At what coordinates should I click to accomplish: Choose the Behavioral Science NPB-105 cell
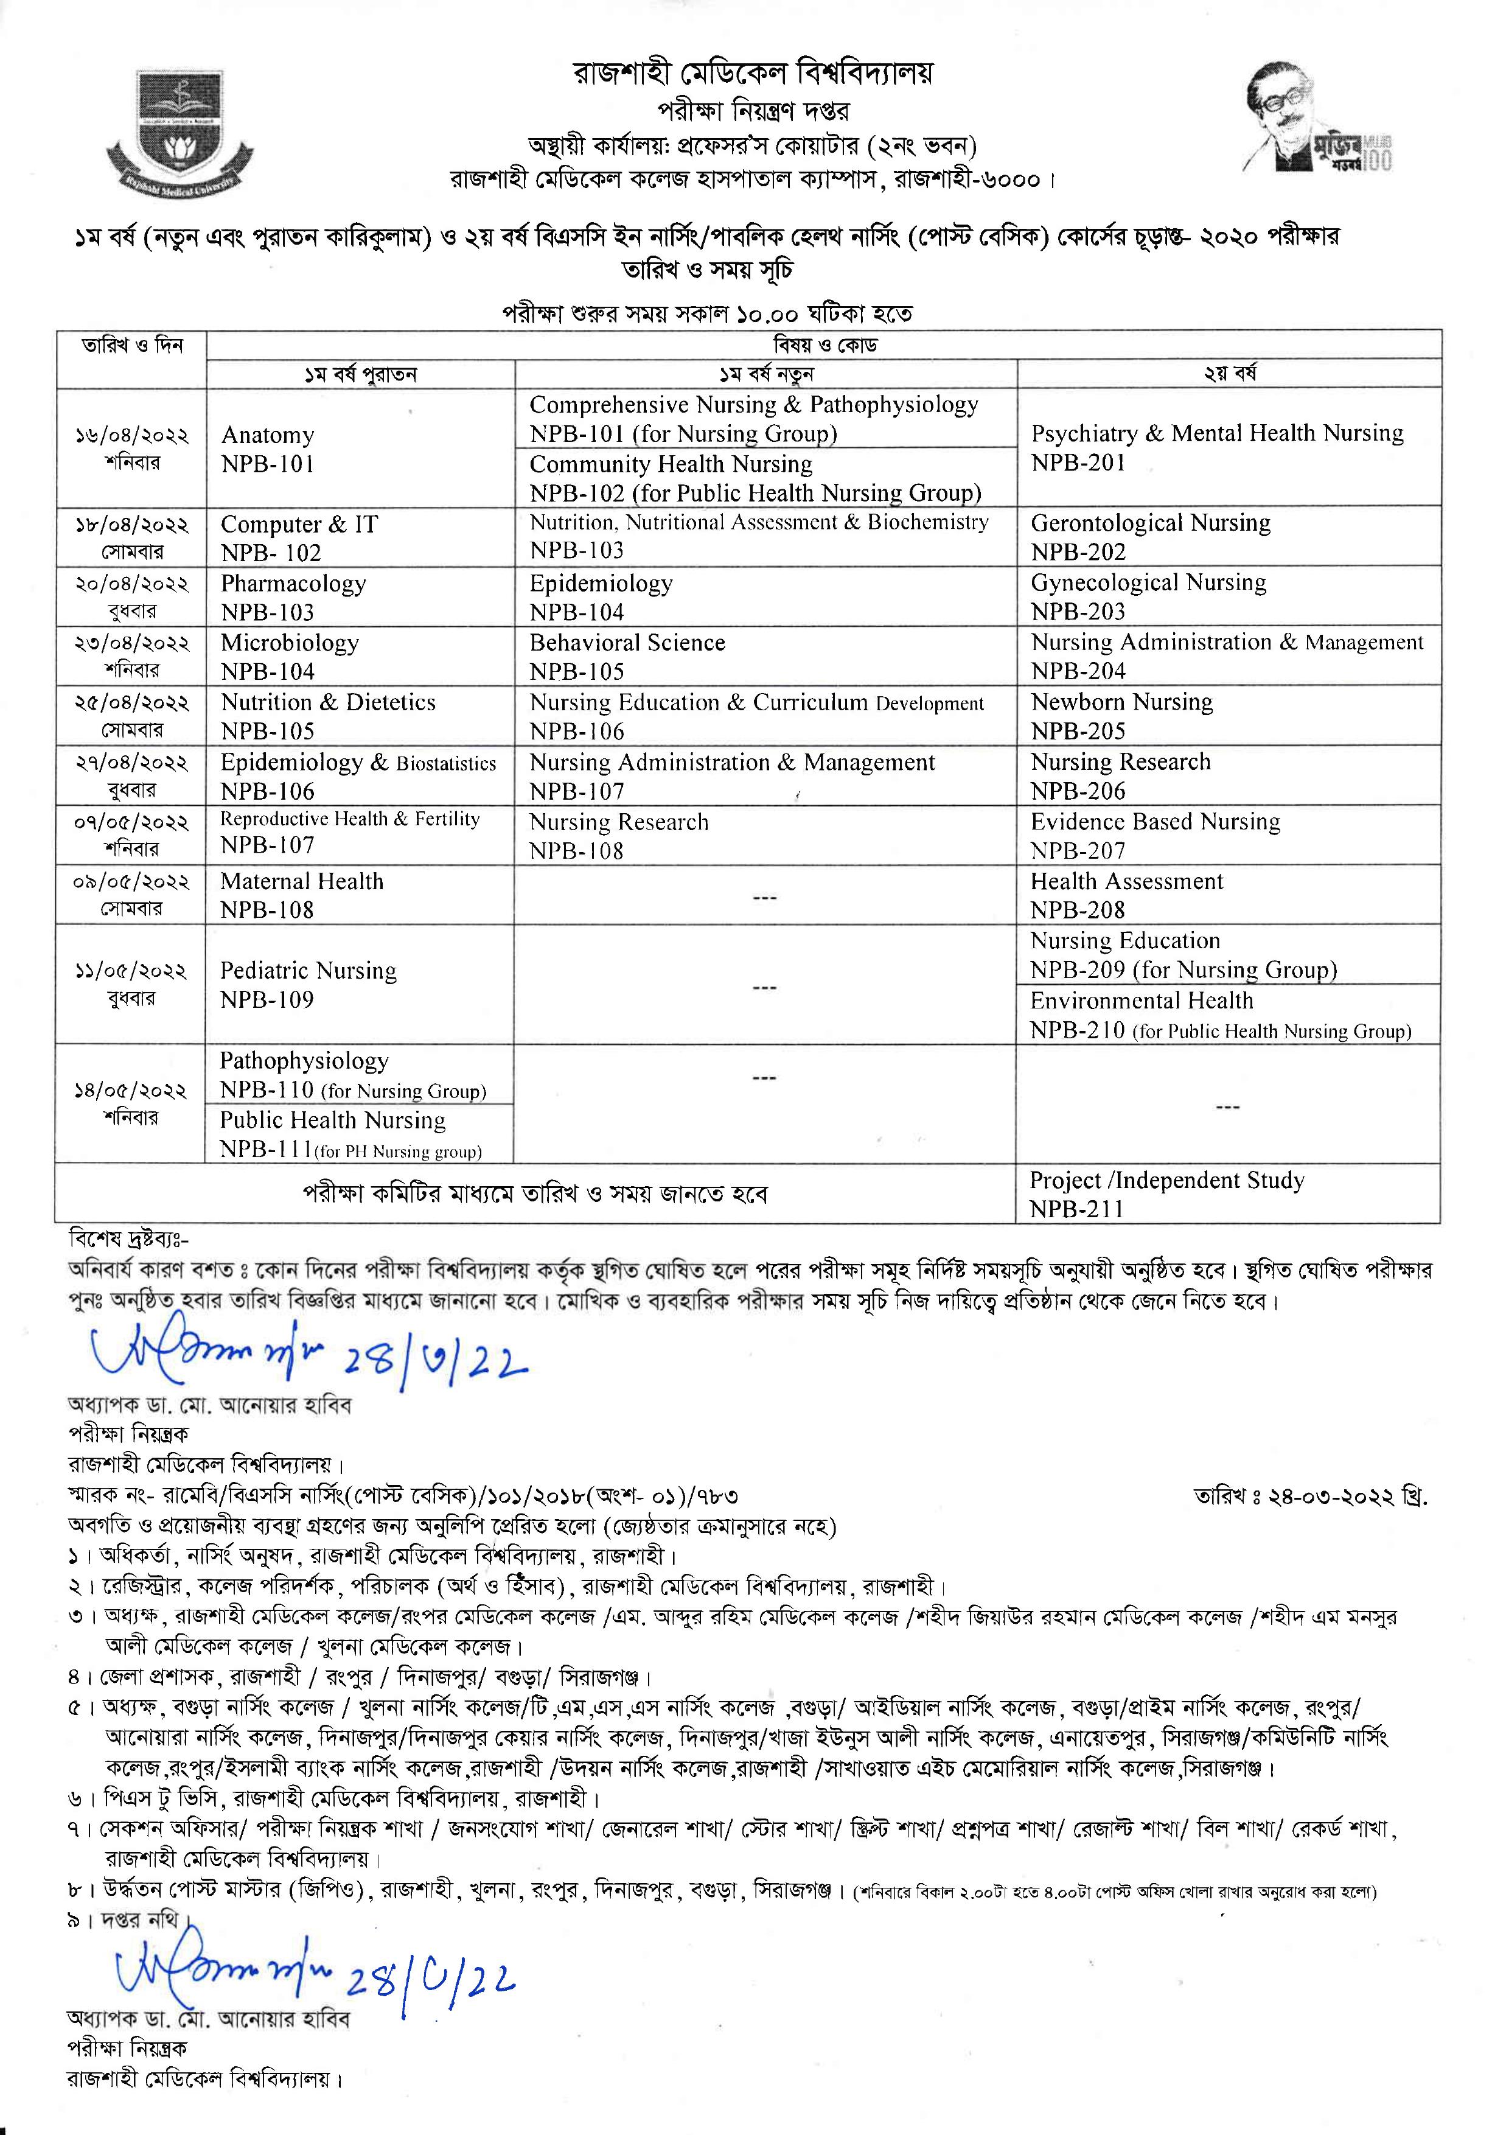[764, 657]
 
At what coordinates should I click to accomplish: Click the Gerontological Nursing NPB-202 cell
[1227, 537]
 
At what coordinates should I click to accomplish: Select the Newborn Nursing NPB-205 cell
[1227, 716]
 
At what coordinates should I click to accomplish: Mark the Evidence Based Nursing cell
[1227, 835]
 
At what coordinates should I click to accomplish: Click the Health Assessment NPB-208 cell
[1227, 895]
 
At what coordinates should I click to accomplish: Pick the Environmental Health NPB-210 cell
[1227, 1015]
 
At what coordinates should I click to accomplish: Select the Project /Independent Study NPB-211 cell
[1227, 1194]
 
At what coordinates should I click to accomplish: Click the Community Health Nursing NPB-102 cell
[764, 478]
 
